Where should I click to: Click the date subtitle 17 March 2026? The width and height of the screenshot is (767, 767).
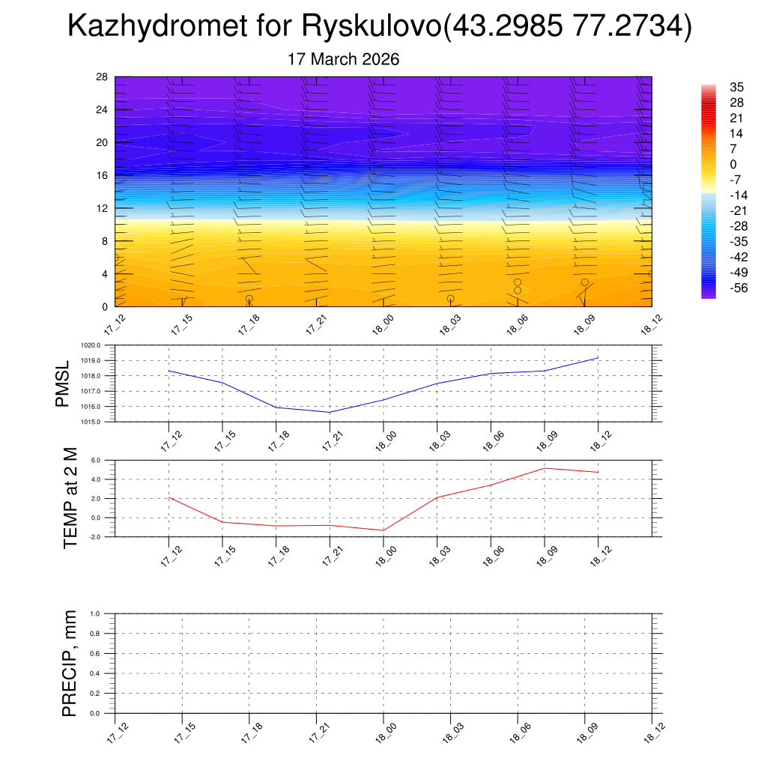[344, 59]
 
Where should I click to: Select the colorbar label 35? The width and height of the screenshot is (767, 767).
[736, 87]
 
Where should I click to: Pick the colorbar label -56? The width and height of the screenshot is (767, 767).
[736, 288]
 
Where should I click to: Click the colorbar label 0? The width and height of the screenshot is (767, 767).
[733, 164]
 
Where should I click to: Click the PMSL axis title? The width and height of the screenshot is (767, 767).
[62, 383]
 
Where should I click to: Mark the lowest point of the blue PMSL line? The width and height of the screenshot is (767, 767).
[330, 412]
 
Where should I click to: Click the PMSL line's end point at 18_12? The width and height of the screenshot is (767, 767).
[598, 358]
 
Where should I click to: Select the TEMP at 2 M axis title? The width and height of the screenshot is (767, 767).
[70, 498]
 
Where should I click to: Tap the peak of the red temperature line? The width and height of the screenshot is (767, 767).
[544, 468]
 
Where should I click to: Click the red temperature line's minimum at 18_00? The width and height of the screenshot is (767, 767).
[383, 530]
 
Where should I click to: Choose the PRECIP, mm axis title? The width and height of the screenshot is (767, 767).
[70, 664]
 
